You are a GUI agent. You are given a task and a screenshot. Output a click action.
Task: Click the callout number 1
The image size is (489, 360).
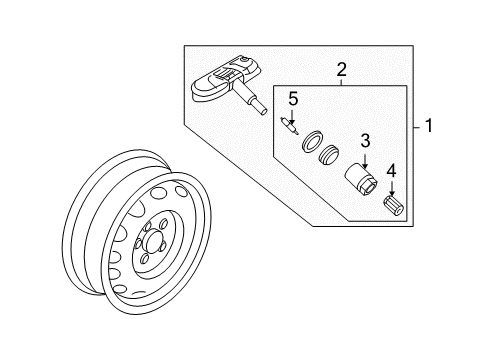(429, 126)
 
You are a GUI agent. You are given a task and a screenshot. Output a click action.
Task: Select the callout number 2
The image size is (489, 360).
(342, 70)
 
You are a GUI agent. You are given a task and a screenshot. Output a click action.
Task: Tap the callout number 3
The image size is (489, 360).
(365, 141)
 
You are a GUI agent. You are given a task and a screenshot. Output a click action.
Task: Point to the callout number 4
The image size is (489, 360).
(391, 171)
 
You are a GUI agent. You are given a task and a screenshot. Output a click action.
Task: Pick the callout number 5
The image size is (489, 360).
(293, 99)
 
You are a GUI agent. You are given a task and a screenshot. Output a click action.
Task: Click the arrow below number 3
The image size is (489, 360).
(365, 161)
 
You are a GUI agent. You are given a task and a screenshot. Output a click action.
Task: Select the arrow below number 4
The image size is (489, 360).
(392, 189)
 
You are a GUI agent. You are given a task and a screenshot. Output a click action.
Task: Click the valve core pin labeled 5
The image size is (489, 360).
(289, 126)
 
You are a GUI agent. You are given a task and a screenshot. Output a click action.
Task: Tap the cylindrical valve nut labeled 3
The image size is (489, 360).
(361, 179)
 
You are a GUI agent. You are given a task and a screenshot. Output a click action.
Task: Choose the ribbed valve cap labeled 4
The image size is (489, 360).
(393, 206)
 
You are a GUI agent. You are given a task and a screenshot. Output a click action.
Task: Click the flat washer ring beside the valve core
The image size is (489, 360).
(313, 142)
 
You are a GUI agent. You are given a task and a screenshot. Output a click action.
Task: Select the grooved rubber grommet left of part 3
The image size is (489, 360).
(328, 155)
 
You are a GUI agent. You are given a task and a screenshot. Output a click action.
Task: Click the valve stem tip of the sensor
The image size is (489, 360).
(262, 110)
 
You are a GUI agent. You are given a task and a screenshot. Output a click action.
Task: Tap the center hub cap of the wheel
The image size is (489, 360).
(153, 241)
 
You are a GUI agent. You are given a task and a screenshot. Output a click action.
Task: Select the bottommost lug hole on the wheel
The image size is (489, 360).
(145, 258)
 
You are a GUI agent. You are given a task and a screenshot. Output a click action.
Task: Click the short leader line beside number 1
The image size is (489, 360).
(418, 127)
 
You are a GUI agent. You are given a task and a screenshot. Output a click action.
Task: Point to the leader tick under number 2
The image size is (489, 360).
(342, 82)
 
